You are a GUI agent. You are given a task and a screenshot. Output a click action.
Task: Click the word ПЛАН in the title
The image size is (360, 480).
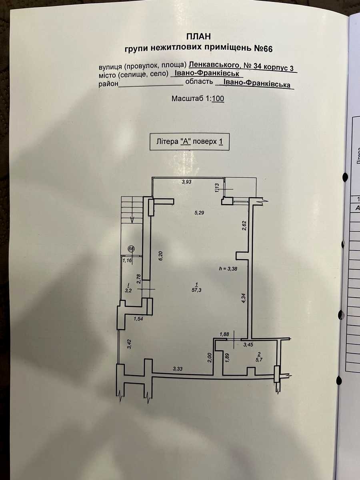click(198, 36)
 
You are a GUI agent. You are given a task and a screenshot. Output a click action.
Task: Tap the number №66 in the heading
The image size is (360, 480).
click(263, 49)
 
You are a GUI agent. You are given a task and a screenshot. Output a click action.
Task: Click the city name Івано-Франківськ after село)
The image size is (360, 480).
click(207, 73)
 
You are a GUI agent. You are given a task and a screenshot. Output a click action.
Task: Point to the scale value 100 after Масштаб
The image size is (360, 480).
click(218, 99)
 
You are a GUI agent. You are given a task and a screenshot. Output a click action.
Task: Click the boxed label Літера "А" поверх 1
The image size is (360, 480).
click(190, 142)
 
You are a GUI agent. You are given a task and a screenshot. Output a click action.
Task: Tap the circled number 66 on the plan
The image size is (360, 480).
click(131, 249)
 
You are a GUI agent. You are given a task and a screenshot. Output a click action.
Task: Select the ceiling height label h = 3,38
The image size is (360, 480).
click(228, 269)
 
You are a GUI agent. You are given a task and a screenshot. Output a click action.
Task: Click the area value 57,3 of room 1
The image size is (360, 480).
click(196, 290)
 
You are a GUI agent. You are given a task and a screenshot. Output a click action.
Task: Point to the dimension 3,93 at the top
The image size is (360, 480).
click(187, 182)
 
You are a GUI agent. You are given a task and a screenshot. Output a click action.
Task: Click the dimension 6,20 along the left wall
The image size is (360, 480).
click(161, 256)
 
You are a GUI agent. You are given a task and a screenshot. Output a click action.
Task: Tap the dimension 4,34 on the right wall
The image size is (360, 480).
click(244, 298)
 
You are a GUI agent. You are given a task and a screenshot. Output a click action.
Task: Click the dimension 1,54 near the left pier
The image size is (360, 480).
click(138, 319)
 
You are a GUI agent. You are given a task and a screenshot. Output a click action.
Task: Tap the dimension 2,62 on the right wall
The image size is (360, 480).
click(244, 225)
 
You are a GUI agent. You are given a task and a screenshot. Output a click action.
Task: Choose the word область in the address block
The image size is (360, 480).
click(199, 82)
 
